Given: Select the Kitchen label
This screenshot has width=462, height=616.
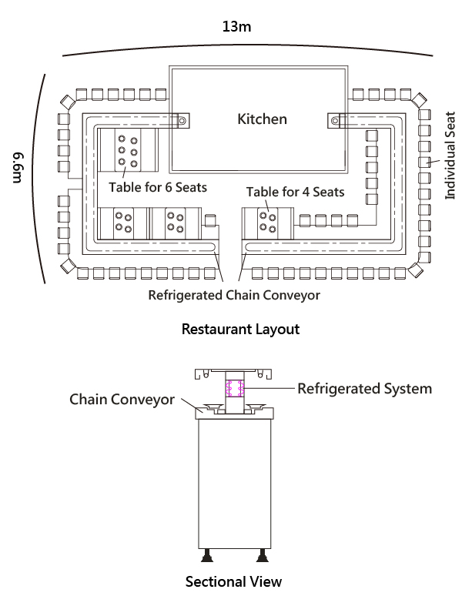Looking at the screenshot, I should pyautogui.click(x=262, y=119).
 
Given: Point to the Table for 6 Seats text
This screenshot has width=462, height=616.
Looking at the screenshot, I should pyautogui.click(x=157, y=187).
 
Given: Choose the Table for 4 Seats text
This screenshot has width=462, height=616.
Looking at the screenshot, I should pyautogui.click(x=295, y=192).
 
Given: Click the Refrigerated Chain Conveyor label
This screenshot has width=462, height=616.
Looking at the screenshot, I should pyautogui.click(x=234, y=294).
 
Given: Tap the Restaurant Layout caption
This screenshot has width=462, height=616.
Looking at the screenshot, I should pyautogui.click(x=240, y=329).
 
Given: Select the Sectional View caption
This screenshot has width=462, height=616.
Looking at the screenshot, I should pyautogui.click(x=233, y=581).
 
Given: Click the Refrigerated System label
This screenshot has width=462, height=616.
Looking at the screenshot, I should pyautogui.click(x=364, y=388).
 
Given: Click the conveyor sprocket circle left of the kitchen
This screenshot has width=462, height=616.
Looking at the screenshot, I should pyautogui.click(x=182, y=121).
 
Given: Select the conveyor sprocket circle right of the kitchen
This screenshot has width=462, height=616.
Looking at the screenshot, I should pyautogui.click(x=336, y=121).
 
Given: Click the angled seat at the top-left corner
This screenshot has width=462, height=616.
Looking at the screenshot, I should pyautogui.click(x=67, y=101).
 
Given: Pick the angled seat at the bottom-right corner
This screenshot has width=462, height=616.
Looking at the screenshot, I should pyautogui.click(x=418, y=266).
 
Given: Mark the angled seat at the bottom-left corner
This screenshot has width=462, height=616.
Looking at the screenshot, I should pyautogui.click(x=68, y=266).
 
